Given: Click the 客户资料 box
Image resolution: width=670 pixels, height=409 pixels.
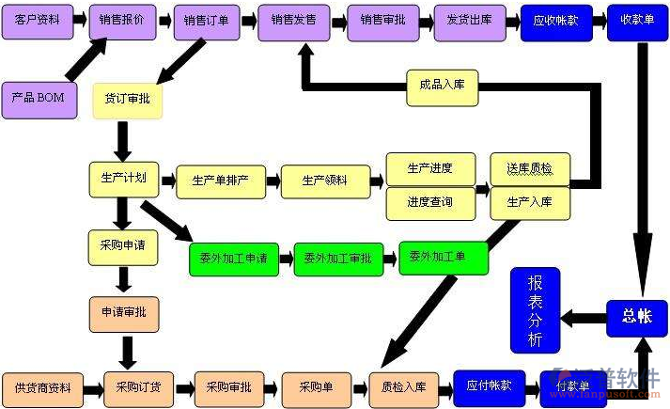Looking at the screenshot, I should (x=36, y=21).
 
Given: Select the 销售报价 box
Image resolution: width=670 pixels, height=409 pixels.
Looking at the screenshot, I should (x=123, y=21).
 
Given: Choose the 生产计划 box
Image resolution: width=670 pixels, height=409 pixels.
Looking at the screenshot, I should (x=123, y=179).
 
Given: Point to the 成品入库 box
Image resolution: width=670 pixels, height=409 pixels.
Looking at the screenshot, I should (x=443, y=87).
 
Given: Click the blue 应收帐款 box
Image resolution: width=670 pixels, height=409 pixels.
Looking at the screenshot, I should (x=556, y=22).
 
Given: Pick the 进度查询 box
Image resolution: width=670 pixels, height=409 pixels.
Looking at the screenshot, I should (x=429, y=202).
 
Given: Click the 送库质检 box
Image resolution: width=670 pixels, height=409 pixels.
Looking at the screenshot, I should (x=530, y=169).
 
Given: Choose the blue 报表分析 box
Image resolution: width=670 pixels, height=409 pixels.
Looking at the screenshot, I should (x=535, y=309).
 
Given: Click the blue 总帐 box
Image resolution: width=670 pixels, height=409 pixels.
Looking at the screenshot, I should (x=636, y=318).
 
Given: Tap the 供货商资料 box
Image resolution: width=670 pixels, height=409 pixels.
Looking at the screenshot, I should (x=43, y=387).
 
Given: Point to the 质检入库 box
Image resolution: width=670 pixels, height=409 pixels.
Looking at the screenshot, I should (x=403, y=386).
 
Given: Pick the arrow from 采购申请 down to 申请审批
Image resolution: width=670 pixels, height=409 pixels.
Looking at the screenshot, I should (x=123, y=278).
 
